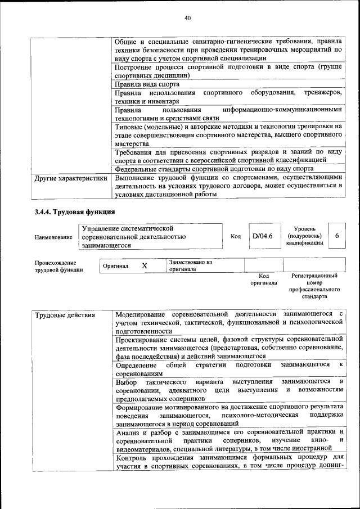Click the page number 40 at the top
[188, 18]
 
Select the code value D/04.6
[262, 236]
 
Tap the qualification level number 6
[336, 236]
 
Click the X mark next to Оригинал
[144, 265]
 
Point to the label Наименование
[53, 237]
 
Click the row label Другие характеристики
[71, 178]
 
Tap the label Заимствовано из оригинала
[190, 265]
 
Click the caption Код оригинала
[264, 280]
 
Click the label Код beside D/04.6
[236, 237]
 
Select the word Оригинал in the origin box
[115, 266]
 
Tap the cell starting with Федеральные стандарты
[214, 168]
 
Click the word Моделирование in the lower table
[141, 313]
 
